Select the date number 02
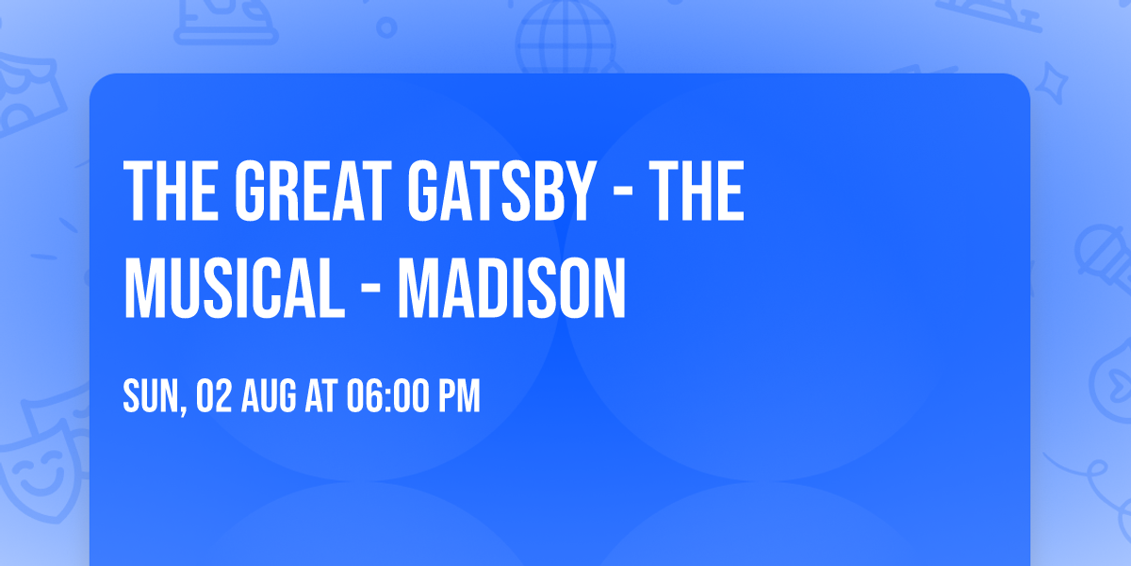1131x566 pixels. (213, 397)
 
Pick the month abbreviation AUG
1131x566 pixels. (269, 397)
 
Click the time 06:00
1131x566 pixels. (388, 397)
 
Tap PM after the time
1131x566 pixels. (459, 397)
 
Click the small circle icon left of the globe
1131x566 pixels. (386, 26)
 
